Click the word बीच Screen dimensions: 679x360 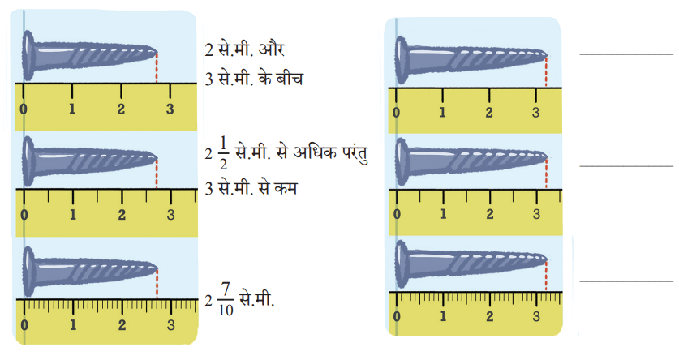tap(290, 79)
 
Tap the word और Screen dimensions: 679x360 tap(272, 49)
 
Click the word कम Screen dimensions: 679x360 tap(285, 189)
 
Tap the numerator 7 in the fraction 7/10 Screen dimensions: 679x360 tap(226, 289)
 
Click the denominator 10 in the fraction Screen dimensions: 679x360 tap(226, 311)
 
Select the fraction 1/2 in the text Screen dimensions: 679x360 tap(223, 153)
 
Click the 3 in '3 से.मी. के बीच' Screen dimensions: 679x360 tap(209, 79)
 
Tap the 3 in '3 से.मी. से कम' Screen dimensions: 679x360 tap(209, 189)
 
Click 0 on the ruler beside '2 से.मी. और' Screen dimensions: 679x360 tap(24, 109)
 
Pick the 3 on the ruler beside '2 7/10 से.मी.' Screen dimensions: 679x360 tap(171, 324)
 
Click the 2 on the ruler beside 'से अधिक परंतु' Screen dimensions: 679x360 tap(122, 214)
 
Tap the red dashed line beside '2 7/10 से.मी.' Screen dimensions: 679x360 tap(157, 284)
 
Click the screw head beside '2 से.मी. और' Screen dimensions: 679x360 tap(28, 55)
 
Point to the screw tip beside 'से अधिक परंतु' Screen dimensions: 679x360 tap(157, 159)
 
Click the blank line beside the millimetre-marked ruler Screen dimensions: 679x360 tap(626, 281)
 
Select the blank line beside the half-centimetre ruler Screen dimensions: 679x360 tap(626, 166)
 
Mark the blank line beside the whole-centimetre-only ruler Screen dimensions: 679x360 tap(626, 54)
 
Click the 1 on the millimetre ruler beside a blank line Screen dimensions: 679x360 tap(443, 316)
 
